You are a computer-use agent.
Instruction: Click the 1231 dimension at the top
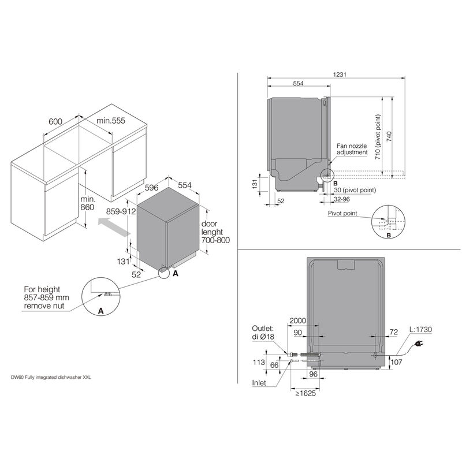[x=340, y=74]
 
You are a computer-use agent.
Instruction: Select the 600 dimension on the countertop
[x=55, y=121]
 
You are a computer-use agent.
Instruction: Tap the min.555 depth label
[x=111, y=121]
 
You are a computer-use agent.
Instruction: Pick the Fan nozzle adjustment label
[x=352, y=149]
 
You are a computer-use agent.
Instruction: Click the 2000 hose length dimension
[x=298, y=320]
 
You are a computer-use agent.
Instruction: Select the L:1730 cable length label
[x=420, y=329]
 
